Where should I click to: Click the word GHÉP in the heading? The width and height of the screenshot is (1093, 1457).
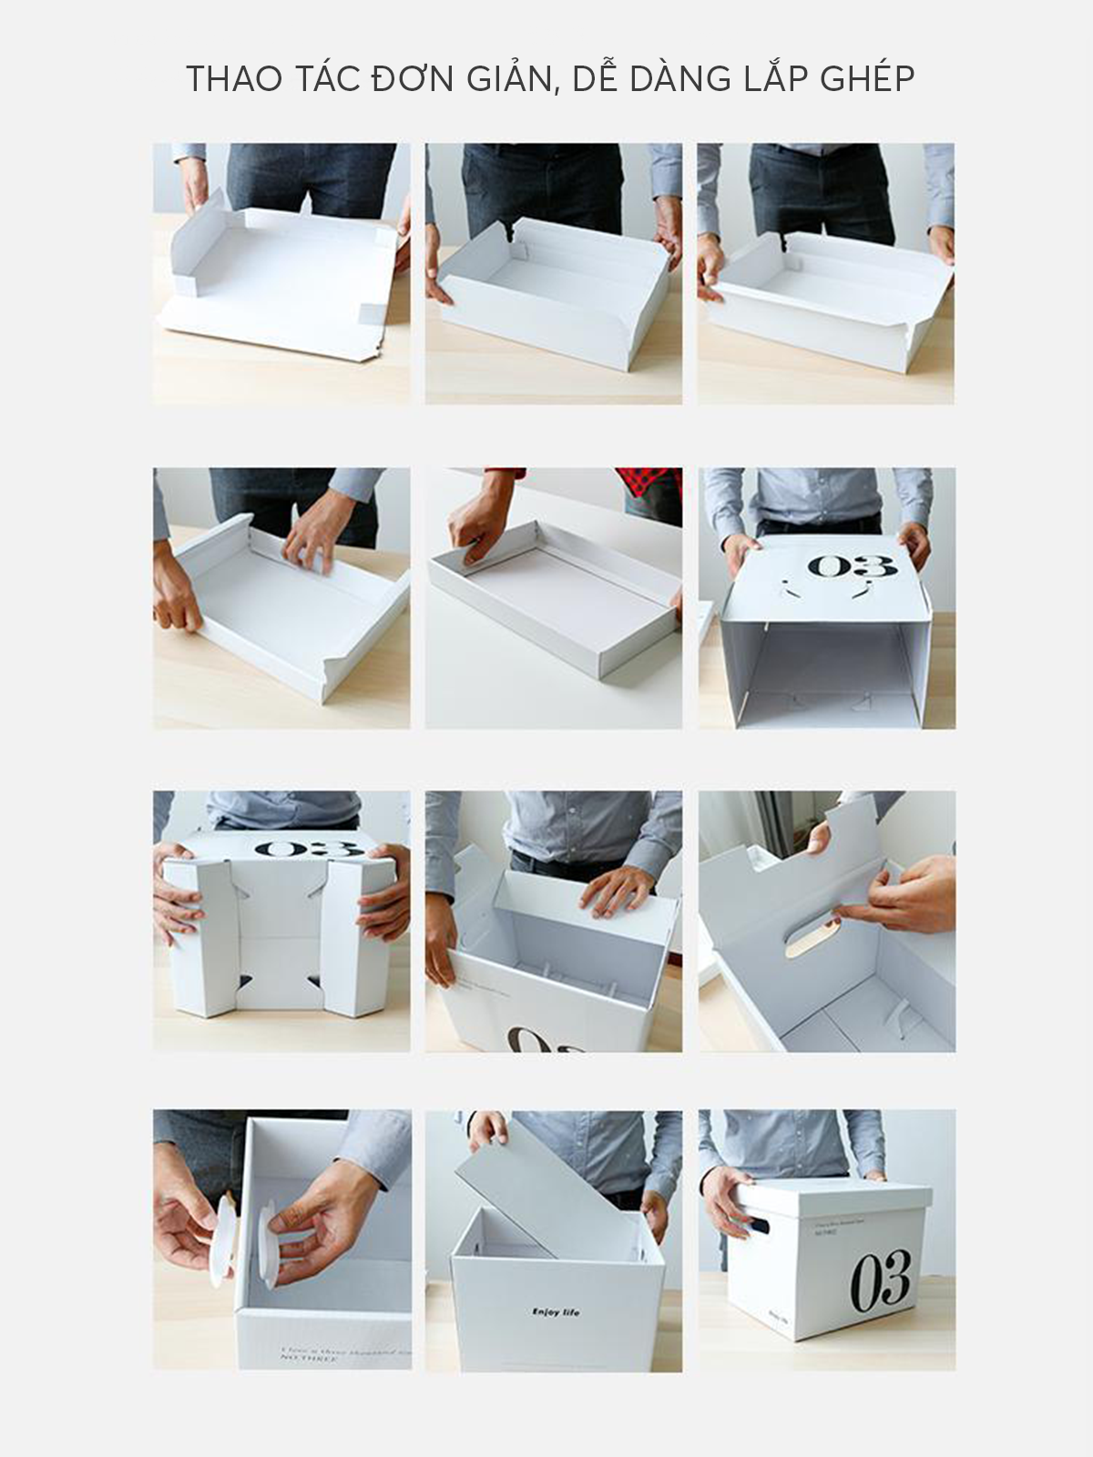tap(867, 79)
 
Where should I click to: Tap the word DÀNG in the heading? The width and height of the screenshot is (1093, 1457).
tap(679, 79)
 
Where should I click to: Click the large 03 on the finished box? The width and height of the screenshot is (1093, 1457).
tap(880, 1279)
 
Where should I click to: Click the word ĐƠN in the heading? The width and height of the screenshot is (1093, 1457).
tap(403, 79)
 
